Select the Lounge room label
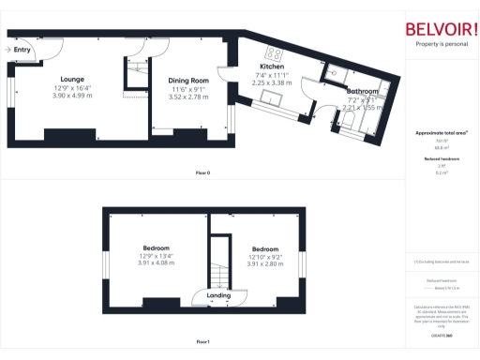pyautogui.click(x=71, y=79)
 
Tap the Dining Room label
pyautogui.click(x=187, y=80)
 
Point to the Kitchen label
pyautogui.click(x=271, y=67)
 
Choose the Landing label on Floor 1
pyautogui.click(x=218, y=295)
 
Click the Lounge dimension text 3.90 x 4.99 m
pyautogui.click(x=71, y=96)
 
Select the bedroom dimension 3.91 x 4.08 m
pyautogui.click(x=155, y=264)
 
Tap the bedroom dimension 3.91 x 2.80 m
pyautogui.click(x=266, y=264)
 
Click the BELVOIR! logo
pyautogui.click(x=442, y=29)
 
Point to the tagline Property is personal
pyautogui.click(x=442, y=44)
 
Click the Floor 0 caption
pyautogui.click(x=202, y=173)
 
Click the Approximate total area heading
pyautogui.click(x=441, y=133)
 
